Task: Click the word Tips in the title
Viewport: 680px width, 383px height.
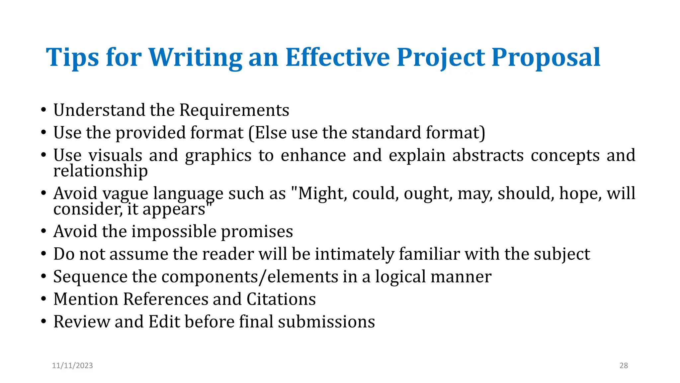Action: coord(72,58)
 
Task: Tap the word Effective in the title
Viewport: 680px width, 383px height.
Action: coord(337,57)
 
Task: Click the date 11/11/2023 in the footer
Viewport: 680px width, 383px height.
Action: coord(72,365)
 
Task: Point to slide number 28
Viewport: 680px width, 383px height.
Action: coord(624,365)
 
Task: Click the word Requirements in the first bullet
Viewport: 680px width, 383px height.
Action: coord(234,110)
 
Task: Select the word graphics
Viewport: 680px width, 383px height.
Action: coord(218,156)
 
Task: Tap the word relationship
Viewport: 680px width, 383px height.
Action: coord(100,171)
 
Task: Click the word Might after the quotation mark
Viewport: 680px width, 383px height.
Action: coord(322,193)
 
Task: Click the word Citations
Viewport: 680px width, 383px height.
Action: coord(281,299)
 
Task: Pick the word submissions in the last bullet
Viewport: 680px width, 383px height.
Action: coord(326,321)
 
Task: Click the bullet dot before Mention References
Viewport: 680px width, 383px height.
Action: coord(43,299)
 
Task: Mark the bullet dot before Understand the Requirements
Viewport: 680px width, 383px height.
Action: coord(43,110)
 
